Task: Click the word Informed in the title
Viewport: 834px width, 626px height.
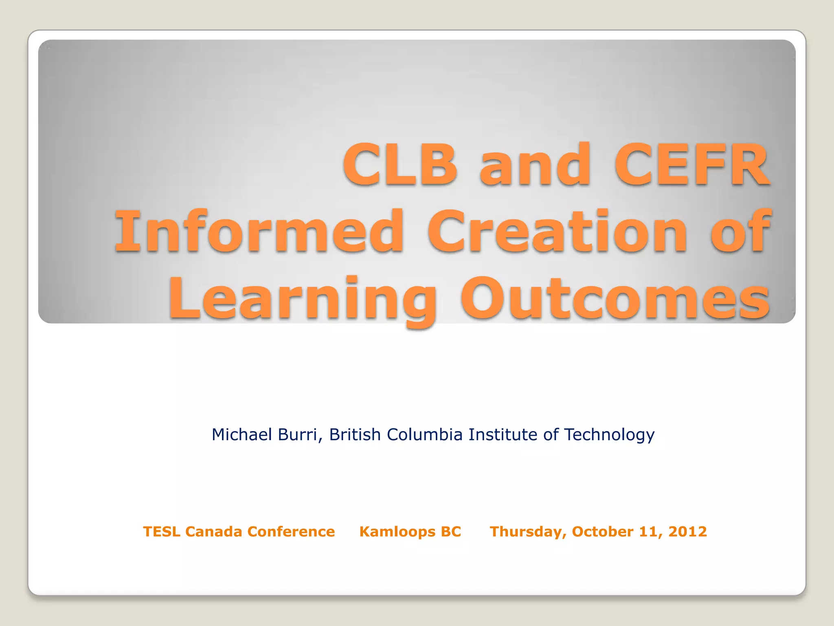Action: point(259,231)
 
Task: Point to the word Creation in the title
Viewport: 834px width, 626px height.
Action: point(557,231)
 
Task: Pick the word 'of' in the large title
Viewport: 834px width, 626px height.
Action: point(740,231)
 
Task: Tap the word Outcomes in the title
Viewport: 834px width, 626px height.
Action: point(615,299)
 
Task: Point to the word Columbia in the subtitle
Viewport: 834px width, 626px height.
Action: point(424,435)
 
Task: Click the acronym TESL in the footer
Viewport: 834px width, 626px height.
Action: point(161,532)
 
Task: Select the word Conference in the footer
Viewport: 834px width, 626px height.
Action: point(291,532)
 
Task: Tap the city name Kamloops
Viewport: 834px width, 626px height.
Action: point(391,532)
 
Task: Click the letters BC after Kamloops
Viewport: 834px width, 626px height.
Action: point(451,532)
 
